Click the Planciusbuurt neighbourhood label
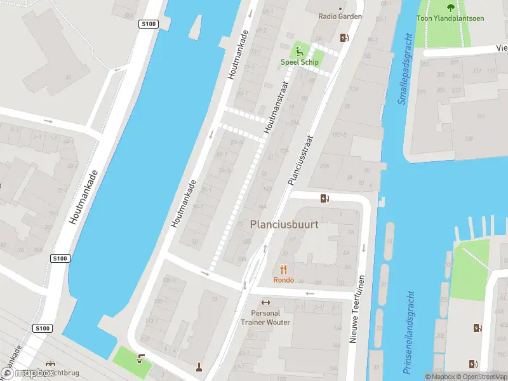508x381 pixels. pos(284,224)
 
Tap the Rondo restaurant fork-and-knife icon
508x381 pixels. pos(283,270)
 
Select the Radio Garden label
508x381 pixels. pos(340,17)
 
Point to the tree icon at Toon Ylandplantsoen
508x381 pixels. pos(450,8)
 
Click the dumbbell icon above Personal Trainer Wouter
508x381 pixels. pos(266,302)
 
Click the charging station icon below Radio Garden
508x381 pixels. pos(344,37)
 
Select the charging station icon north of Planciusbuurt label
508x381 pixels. pos(324,198)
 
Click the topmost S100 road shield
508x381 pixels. pos(147,24)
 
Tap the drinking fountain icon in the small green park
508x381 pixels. pos(141,359)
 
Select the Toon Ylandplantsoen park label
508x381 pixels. pos(450,18)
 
